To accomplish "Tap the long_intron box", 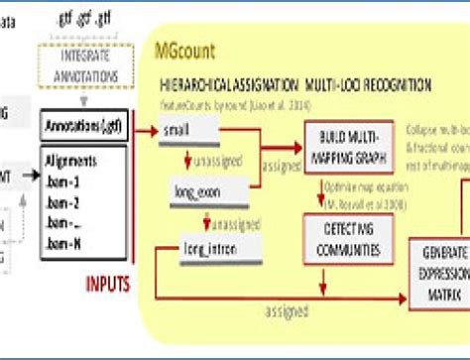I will pos(207,230).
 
